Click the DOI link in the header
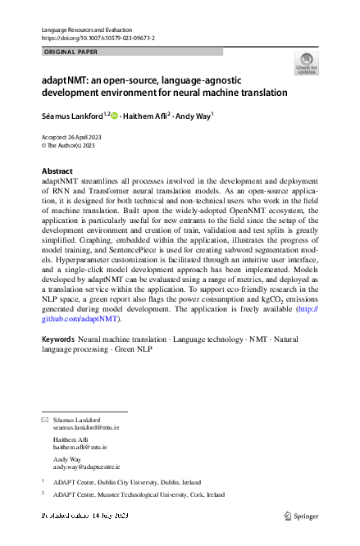98,39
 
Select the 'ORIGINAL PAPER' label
71,51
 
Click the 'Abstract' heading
57,171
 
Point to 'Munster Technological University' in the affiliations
144,495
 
